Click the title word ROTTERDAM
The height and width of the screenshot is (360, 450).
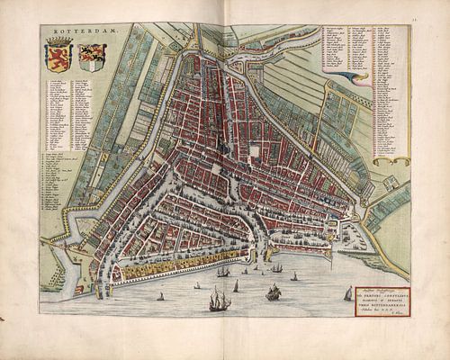73,35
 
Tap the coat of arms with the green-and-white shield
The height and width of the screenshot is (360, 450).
92,57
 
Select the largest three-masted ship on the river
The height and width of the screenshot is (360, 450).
219,299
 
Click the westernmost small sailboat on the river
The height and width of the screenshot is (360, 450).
161,296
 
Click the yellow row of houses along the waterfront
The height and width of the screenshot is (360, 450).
157,267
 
